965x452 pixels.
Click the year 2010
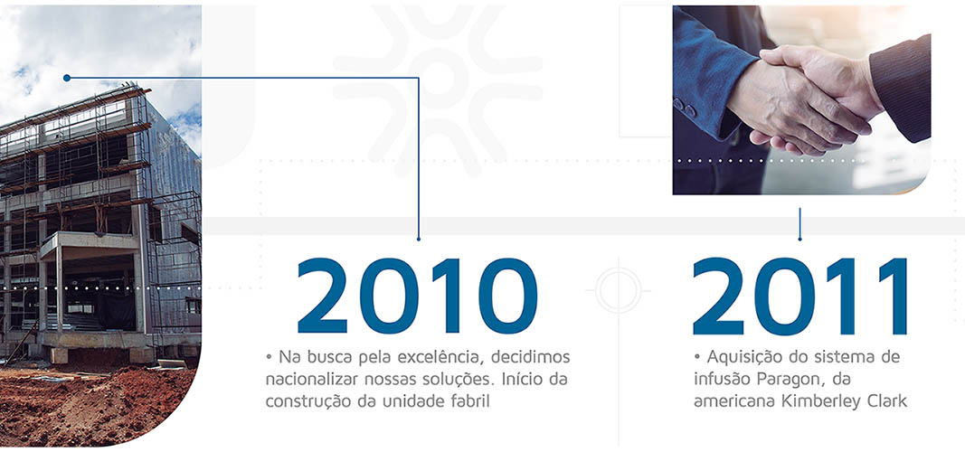417,296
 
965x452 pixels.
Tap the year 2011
799,296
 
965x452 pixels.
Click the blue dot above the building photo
66,78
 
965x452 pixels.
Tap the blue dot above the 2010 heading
418,239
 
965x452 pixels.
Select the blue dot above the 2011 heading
799,239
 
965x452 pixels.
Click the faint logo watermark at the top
438,63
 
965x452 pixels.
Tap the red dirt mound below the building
99,407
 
